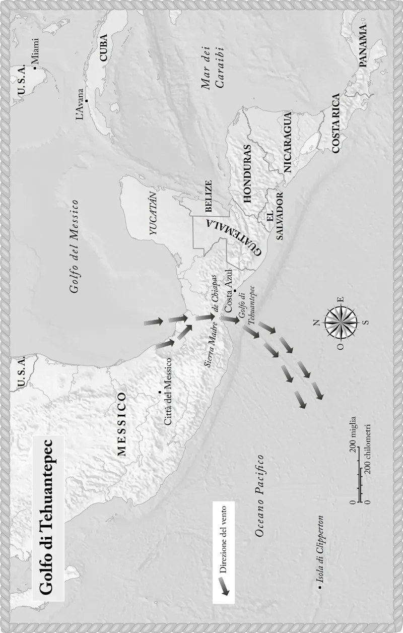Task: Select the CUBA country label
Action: pos(104,48)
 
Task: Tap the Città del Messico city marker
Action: pos(160,392)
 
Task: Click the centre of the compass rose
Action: pos(341,322)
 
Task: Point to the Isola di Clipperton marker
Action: pos(319,587)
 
